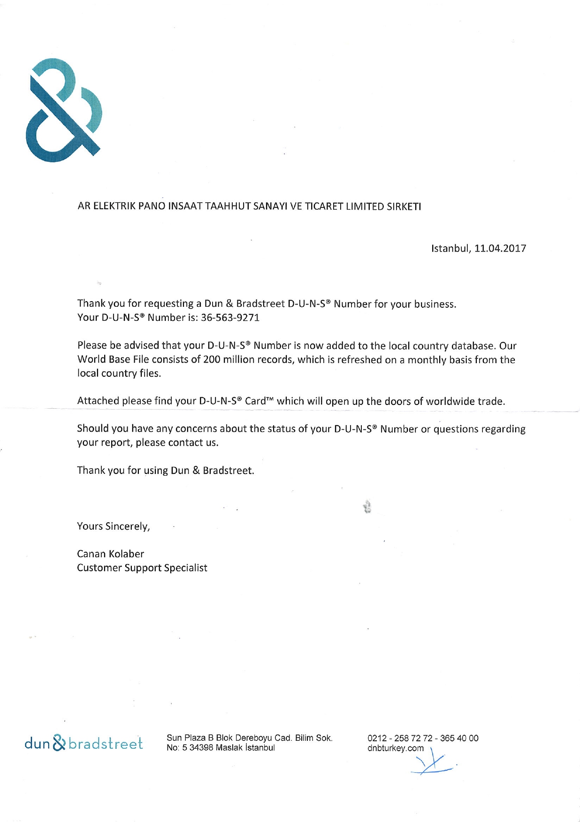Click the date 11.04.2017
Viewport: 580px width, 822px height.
[x=500, y=248]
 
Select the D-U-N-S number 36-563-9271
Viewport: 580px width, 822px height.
[x=230, y=318]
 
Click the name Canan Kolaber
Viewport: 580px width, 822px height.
[x=110, y=554]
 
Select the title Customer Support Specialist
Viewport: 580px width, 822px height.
[x=142, y=568]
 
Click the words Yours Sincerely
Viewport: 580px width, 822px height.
[x=114, y=526]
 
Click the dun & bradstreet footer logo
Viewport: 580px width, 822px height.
[x=84, y=743]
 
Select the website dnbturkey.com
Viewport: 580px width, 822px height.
[x=396, y=748]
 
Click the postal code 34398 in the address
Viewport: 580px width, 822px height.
[x=200, y=748]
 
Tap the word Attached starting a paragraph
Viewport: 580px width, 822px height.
[x=98, y=401]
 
